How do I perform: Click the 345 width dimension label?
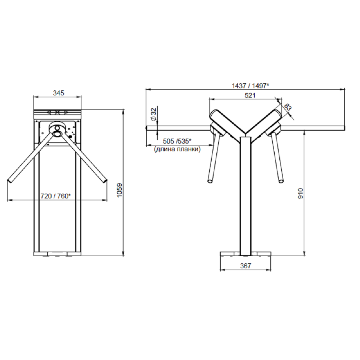[59, 93]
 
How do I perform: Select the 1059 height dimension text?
[120, 190]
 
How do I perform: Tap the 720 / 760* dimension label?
[56, 196]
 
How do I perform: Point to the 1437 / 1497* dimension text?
[250, 86]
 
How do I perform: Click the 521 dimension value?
[250, 95]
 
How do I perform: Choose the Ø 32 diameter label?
[154, 114]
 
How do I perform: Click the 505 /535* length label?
[177, 141]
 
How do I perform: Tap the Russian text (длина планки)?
[177, 149]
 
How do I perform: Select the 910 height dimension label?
[301, 193]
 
